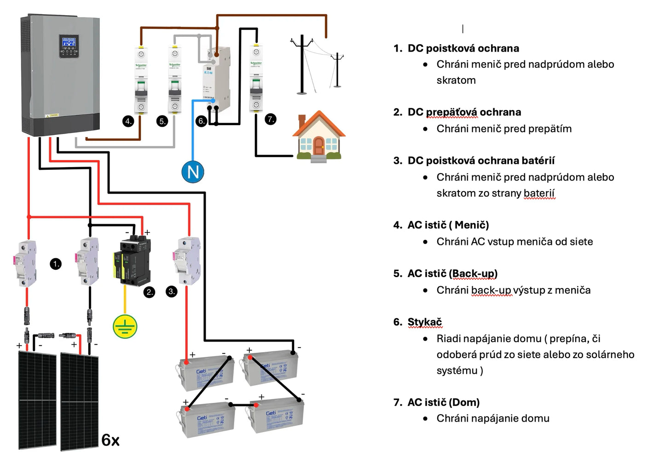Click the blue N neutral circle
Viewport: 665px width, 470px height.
[193, 172]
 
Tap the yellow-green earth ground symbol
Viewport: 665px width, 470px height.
[125, 326]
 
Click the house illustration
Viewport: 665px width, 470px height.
[319, 136]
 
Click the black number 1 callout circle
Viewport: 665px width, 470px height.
[56, 264]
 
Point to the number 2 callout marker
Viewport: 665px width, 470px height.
[149, 292]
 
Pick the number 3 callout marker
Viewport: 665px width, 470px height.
[172, 291]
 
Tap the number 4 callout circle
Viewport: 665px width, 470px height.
[128, 121]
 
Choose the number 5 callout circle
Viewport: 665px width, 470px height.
[162, 121]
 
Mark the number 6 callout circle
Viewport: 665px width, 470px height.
[201, 121]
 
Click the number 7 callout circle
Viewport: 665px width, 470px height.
[271, 119]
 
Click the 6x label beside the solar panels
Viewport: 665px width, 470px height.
[110, 440]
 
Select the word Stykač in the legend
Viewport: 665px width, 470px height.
[424, 322]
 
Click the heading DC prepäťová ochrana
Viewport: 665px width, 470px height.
[464, 112]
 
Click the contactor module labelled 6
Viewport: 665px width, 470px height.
[216, 78]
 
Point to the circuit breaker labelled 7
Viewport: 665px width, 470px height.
[256, 78]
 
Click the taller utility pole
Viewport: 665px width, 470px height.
[302, 64]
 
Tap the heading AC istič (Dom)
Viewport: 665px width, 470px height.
[443, 402]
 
